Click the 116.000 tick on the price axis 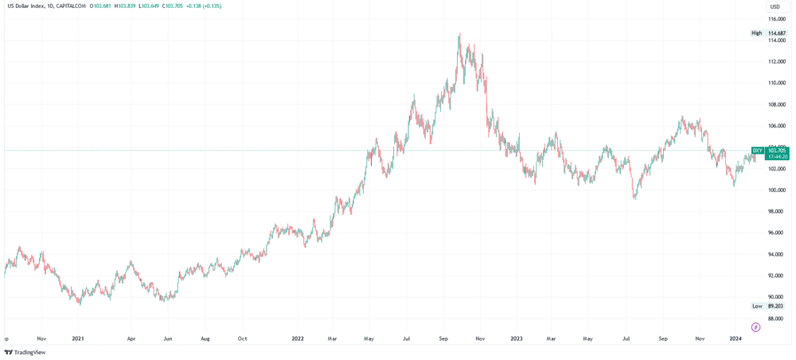(776, 18)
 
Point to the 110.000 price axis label (776, 83)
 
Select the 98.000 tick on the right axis (776, 212)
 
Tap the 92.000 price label (776, 276)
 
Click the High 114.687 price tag (769, 33)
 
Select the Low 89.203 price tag (769, 306)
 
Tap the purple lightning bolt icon (755, 327)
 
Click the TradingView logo (25, 352)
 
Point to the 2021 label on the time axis (78, 338)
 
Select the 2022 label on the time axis (298, 338)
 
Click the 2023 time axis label (516, 338)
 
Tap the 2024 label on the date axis (736, 338)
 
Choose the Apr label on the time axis (131, 338)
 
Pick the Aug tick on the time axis (205, 338)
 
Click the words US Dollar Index (25, 6)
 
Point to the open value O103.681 (102, 6)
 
